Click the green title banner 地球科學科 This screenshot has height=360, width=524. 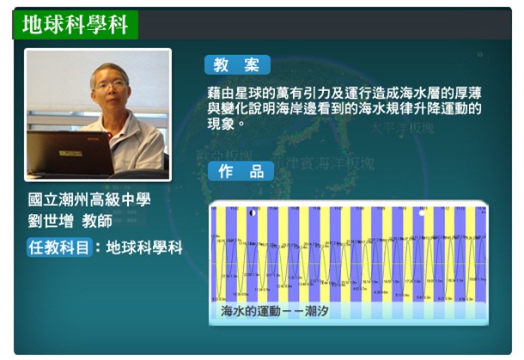click(75, 25)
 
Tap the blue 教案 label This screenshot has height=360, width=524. click(237, 65)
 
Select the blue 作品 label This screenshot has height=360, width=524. click(241, 171)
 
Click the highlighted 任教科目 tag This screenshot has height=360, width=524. click(59, 247)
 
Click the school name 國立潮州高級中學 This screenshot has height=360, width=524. click(89, 199)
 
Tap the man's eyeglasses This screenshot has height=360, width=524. click(110, 89)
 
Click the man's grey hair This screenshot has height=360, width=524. click(110, 70)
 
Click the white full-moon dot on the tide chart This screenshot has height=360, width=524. click(421, 212)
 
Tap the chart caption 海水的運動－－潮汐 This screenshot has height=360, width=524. click(275, 310)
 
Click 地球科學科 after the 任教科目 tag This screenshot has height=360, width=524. click(145, 247)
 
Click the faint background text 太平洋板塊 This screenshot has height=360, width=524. click(403, 128)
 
